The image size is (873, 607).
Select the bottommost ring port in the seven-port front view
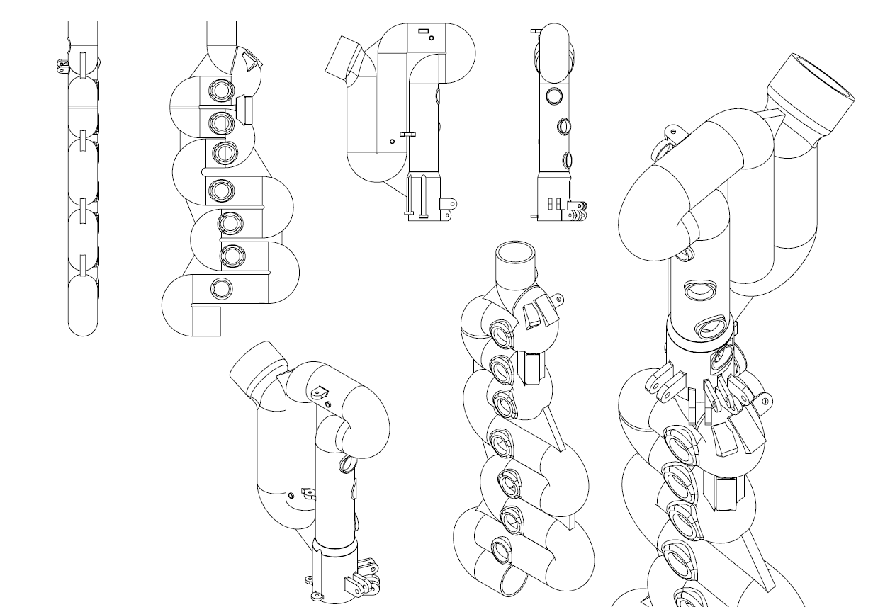pos(221,288)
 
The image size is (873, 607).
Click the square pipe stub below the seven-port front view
pos(206,321)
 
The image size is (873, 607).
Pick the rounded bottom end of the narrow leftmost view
pos(82,326)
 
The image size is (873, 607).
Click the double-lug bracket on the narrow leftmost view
pos(62,65)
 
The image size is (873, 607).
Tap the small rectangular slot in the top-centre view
pos(424,31)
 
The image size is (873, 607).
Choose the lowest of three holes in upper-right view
pos(568,157)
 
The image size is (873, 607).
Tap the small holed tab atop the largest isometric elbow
pos(671,131)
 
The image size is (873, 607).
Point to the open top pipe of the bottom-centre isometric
pos(514,254)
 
